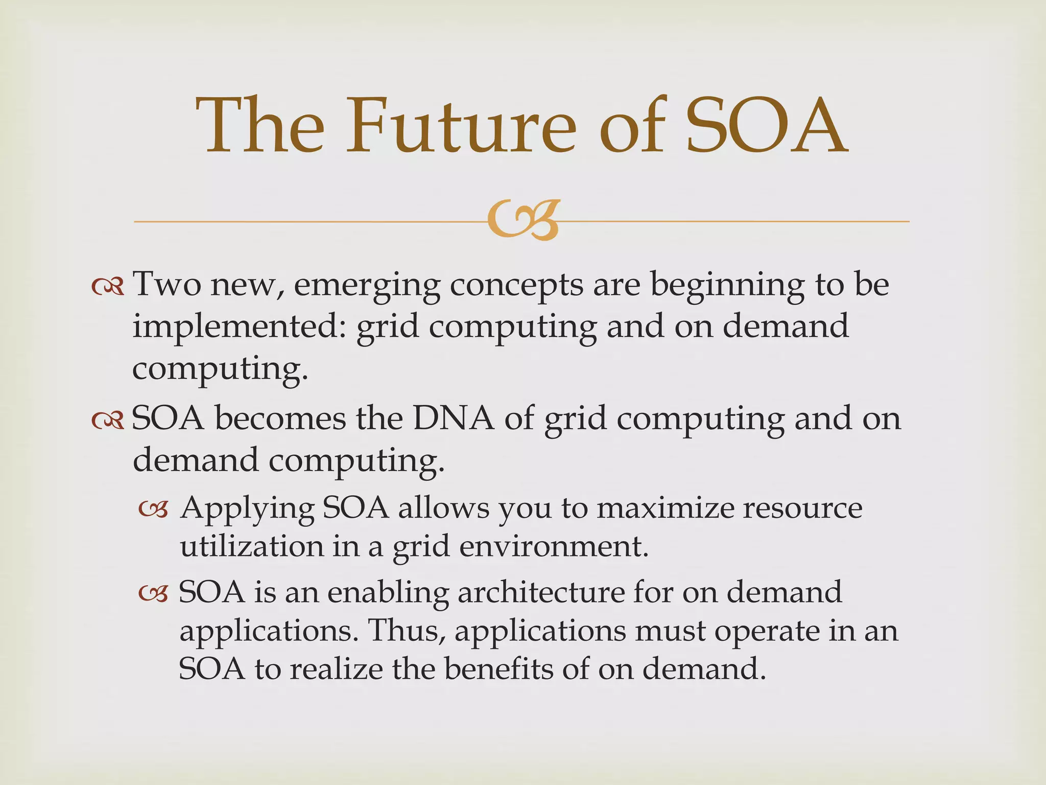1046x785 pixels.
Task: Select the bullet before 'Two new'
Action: [108, 287]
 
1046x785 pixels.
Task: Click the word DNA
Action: [454, 419]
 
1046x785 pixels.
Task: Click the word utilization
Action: [252, 546]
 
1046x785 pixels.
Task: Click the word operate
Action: [766, 632]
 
